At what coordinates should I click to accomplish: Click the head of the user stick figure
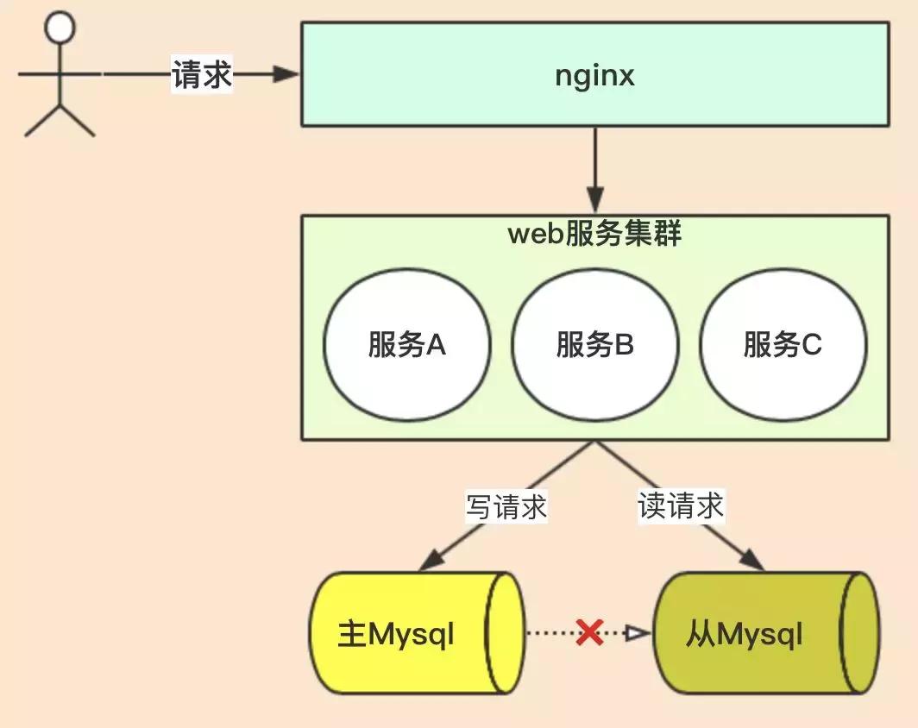60,27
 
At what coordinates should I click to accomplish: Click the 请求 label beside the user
202,75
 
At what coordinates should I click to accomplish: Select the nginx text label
594,75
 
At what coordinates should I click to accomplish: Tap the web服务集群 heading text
594,234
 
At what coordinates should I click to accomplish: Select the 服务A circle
407,345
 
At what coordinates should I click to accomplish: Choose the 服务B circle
594,345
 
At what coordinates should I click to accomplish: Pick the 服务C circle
783,345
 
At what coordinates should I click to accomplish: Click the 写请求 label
506,506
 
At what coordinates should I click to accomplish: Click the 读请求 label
681,506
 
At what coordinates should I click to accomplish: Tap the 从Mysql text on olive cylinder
745,636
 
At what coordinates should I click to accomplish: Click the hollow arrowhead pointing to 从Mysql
638,634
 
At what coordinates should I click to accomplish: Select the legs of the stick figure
60,121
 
